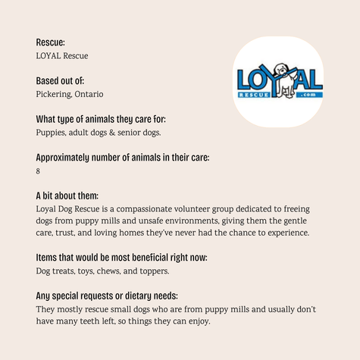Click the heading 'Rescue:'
(51, 42)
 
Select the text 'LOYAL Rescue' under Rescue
(63, 55)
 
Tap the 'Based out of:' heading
(64, 80)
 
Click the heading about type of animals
(101, 119)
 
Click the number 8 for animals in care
(39, 171)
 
